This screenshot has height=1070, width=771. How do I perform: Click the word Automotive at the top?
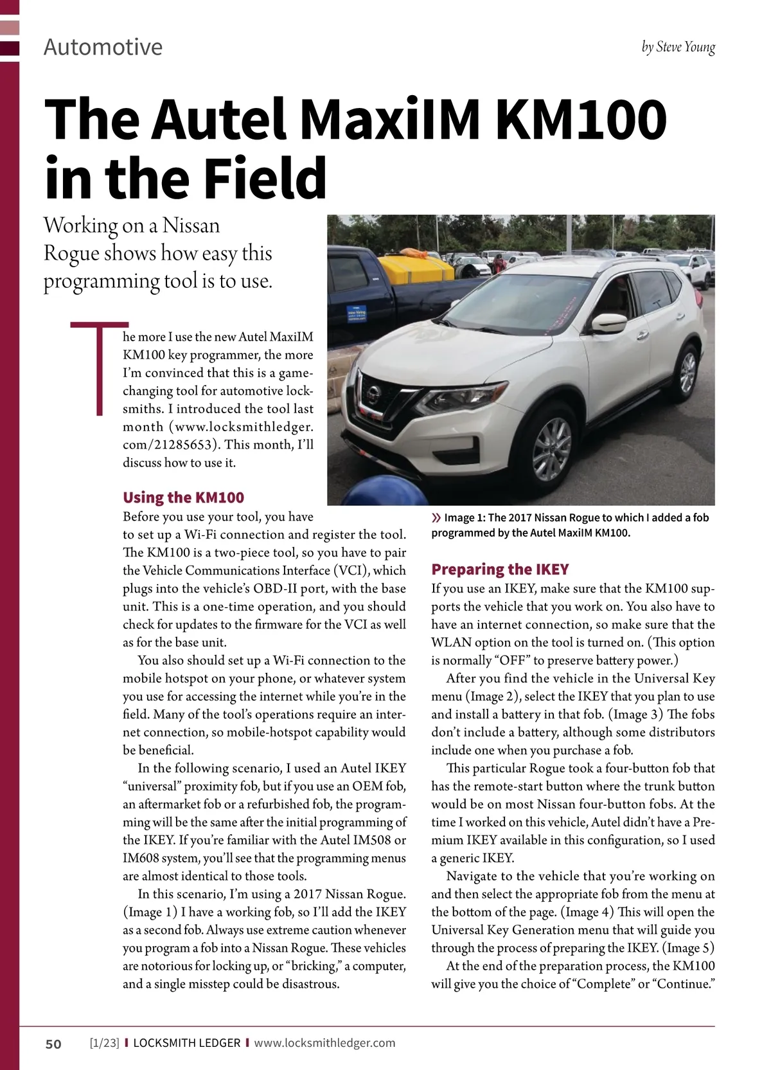(x=103, y=48)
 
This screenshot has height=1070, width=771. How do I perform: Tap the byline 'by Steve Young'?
(x=678, y=48)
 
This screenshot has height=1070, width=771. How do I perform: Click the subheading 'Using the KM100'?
(x=183, y=497)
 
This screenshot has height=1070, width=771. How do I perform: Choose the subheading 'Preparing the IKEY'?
(x=500, y=569)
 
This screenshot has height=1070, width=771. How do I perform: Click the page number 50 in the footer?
(x=53, y=1044)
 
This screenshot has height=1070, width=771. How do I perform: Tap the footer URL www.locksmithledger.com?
(x=324, y=1043)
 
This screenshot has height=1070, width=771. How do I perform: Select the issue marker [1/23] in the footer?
(x=105, y=1043)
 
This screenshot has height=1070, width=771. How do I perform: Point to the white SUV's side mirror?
(x=608, y=323)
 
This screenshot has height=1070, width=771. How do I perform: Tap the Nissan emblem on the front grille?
(x=372, y=391)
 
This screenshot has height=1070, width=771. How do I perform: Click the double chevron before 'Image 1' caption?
(x=437, y=518)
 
